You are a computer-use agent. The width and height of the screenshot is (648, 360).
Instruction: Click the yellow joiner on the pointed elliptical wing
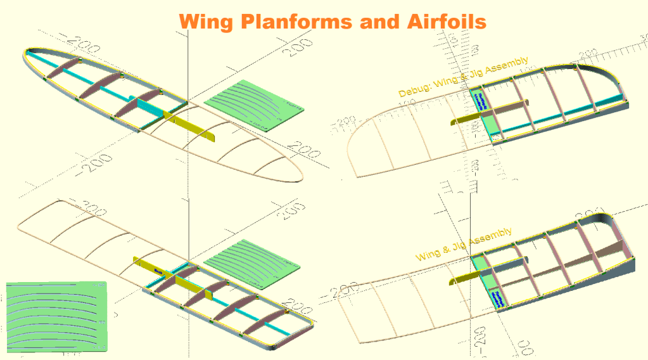pyautogui.click(x=190, y=124)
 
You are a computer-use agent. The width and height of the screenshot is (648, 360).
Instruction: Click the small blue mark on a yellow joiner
pyautogui.click(x=158, y=273)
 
